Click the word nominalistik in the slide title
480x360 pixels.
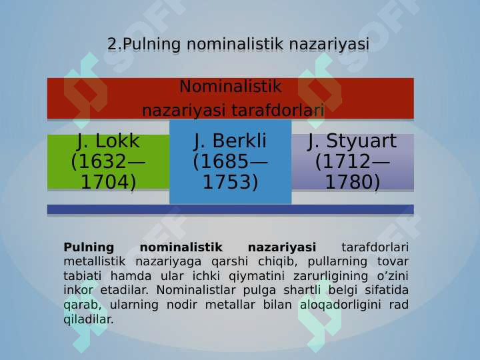coord(235,44)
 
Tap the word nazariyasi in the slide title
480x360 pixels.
coord(329,45)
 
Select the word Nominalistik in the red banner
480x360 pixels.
coord(230,86)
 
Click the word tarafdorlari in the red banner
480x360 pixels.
coord(277,110)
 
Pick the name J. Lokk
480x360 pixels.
coord(108,141)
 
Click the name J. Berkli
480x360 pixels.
coord(230,141)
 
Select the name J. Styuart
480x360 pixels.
coord(353,141)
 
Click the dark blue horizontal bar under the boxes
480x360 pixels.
coord(230,210)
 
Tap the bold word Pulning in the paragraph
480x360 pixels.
coord(89,247)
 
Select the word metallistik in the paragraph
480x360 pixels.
coord(94,261)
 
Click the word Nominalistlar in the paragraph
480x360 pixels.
coord(196,290)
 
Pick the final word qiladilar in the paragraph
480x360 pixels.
coord(89,319)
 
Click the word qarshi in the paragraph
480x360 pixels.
coord(229,262)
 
